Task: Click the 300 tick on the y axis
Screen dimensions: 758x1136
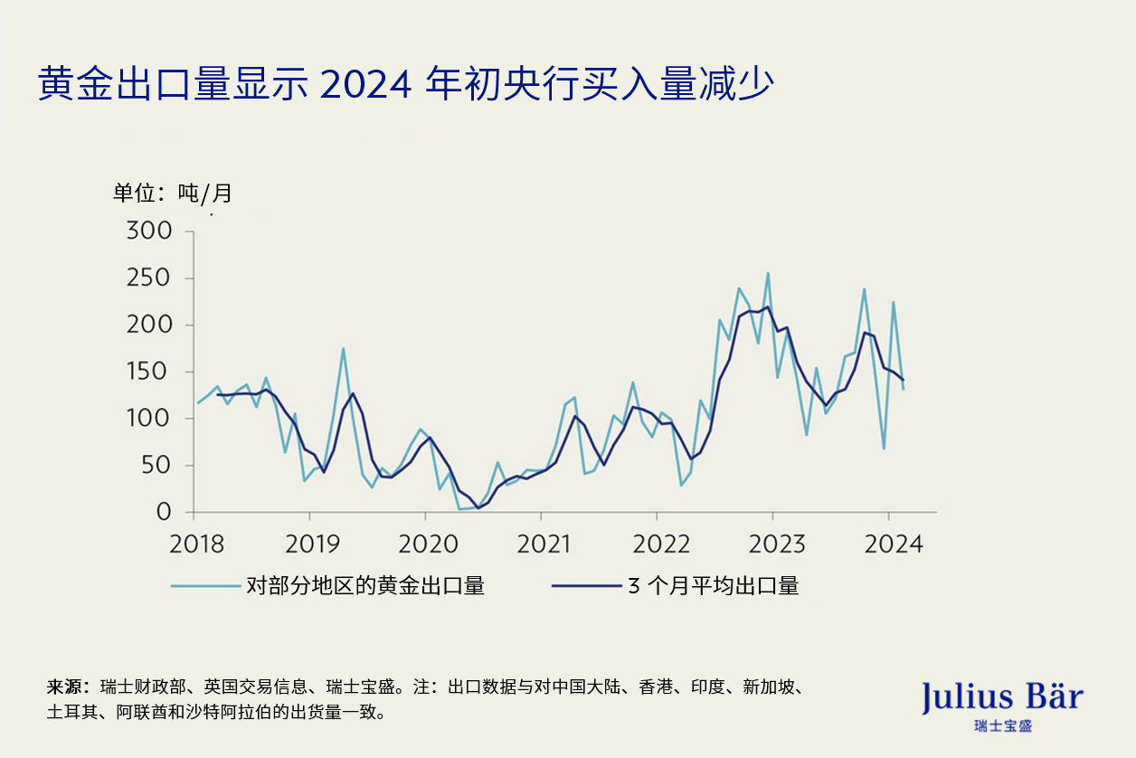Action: [148, 232]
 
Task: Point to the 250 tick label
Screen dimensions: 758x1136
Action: [148, 279]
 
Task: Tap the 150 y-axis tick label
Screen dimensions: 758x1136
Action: [148, 372]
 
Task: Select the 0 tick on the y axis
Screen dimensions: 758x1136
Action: [163, 513]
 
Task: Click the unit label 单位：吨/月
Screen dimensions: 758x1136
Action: [172, 193]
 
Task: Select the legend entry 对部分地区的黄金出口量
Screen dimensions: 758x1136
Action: [365, 586]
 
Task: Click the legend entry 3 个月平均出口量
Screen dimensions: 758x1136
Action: [713, 586]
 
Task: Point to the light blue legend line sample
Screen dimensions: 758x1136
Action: [204, 586]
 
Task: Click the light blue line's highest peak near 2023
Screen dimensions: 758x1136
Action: [768, 273]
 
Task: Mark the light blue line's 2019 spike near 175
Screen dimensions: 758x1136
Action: [343, 348]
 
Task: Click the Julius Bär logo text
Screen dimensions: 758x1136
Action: [1002, 697]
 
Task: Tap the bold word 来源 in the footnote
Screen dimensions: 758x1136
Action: [65, 687]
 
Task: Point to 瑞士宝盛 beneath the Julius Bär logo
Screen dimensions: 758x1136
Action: [1003, 725]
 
